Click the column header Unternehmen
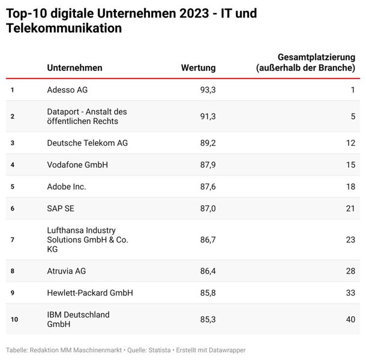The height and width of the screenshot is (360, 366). [74, 68]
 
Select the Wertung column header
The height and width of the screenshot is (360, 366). [198, 68]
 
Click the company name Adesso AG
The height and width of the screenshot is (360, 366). [67, 90]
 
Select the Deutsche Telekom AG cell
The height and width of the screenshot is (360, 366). [87, 143]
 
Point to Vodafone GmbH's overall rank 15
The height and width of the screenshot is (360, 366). [350, 164]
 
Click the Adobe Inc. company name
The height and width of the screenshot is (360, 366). [67, 187]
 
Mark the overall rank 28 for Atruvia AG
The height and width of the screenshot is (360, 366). [350, 271]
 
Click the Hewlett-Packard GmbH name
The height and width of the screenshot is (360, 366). [90, 293]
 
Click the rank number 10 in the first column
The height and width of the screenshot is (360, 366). [14, 319]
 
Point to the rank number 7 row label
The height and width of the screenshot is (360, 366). [12, 240]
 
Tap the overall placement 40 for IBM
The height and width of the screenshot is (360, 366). [350, 319]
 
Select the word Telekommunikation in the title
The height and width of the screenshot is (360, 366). [63, 28]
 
